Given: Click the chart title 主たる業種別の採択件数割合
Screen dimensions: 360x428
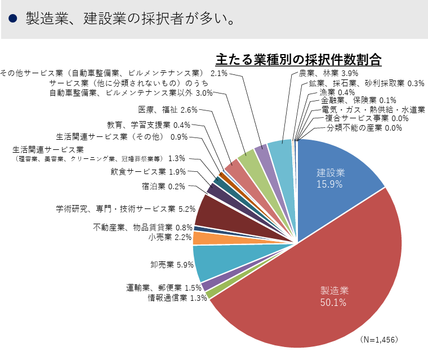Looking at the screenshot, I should pos(298,59).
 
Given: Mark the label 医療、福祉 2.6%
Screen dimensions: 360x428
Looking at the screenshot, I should pos(167,109).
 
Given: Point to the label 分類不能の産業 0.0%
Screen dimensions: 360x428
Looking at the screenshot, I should pos(364,128).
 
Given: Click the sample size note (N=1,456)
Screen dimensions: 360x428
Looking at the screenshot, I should pos(379,340).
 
